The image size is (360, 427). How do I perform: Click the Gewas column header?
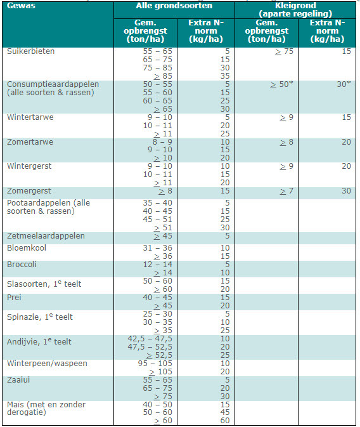click(21, 6)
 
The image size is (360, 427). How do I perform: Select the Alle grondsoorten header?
click(174, 6)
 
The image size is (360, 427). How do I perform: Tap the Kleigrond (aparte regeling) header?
click(295, 10)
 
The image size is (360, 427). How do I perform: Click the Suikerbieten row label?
click(31, 51)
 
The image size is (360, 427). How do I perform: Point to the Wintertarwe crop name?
click(30, 117)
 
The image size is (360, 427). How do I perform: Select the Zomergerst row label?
click(29, 191)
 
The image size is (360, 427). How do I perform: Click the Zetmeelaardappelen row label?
click(46, 236)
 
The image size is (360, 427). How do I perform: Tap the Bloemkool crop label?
click(27, 248)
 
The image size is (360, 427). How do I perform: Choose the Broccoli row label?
click(22, 265)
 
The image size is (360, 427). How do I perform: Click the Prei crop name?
click(14, 298)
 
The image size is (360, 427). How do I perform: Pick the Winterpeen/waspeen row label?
click(47, 364)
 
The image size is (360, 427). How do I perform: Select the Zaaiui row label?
click(18, 380)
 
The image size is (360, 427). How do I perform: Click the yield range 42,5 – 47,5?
click(150, 339)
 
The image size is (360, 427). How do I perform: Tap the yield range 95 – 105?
click(155, 364)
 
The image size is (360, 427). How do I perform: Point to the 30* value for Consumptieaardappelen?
click(344, 84)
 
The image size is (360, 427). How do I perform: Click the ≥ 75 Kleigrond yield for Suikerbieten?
click(284, 51)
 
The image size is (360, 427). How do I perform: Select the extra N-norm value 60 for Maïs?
click(225, 421)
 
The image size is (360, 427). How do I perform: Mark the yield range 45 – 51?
click(158, 220)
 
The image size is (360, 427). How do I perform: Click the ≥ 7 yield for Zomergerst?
click(287, 191)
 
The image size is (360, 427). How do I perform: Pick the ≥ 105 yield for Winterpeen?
click(161, 372)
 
